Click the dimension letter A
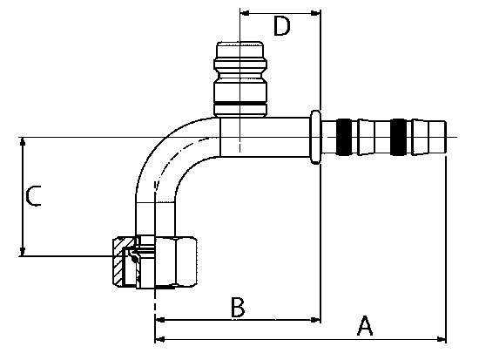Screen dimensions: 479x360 (365, 326)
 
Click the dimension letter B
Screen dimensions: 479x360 (238, 307)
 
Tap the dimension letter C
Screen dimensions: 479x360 (33, 196)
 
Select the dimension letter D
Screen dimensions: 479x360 (281, 26)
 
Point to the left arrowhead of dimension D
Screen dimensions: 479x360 (245, 13)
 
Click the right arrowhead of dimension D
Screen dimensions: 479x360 (315, 13)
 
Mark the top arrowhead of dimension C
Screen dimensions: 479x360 (23, 142)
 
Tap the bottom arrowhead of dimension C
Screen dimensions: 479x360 (23, 251)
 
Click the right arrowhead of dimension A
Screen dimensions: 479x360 (442, 339)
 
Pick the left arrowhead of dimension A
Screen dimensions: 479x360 (160, 339)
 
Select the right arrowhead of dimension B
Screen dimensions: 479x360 (315, 320)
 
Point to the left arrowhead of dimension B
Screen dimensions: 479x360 (160, 320)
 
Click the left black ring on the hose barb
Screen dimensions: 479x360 (344, 137)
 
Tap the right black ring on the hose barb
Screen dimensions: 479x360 (399, 137)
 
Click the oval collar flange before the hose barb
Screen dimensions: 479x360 (315, 137)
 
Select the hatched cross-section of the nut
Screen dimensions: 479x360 (118, 262)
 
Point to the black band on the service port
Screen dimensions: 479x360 (240, 103)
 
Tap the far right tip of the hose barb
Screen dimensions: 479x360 (446, 137)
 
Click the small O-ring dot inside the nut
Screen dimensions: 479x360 (134, 259)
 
